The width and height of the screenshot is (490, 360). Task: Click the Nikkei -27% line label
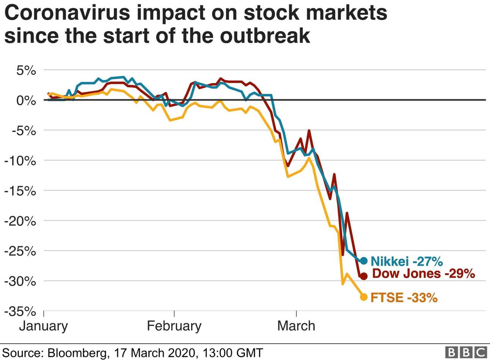pos(407,261)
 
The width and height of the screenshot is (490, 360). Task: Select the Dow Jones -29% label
pos(424,274)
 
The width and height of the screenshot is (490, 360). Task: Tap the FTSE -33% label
pos(404,297)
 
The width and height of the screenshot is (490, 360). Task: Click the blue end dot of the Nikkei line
pos(363,261)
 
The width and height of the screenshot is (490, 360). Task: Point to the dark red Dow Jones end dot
pos(363,276)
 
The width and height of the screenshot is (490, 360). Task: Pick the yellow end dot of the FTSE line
pos(363,297)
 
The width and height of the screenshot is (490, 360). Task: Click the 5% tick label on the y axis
pos(26,71)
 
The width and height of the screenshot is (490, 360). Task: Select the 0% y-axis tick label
pos(26,101)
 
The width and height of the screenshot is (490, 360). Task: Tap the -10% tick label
pos(21,161)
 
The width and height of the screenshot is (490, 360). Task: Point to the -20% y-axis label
pos(21,221)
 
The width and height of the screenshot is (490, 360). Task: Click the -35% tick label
pos(21,312)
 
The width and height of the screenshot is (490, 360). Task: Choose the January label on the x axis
pos(43,326)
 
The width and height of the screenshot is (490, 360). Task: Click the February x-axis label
pos(174,326)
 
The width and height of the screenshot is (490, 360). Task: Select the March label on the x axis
pos(296,326)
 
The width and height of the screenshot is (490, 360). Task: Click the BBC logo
pos(466,352)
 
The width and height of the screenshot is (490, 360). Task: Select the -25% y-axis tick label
pos(21,251)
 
